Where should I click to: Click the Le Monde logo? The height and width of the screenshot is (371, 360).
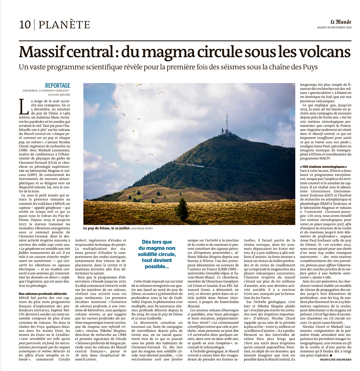point(341,22)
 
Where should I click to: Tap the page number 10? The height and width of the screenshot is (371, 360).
point(25,25)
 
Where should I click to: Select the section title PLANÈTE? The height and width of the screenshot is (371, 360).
point(64,25)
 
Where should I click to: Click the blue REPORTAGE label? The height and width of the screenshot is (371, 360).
point(57,86)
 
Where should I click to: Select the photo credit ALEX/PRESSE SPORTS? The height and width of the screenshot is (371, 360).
point(142,228)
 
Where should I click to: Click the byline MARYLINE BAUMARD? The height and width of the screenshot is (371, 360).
point(335,359)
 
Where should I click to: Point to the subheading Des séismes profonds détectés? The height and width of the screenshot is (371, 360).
point(43,294)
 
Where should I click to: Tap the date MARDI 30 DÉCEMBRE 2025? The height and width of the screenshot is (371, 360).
point(334,28)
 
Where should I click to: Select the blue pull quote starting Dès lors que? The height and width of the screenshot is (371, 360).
point(157,254)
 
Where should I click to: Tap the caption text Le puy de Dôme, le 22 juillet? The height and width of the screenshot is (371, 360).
point(106,228)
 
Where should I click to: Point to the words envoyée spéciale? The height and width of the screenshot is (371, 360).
point(59,94)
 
